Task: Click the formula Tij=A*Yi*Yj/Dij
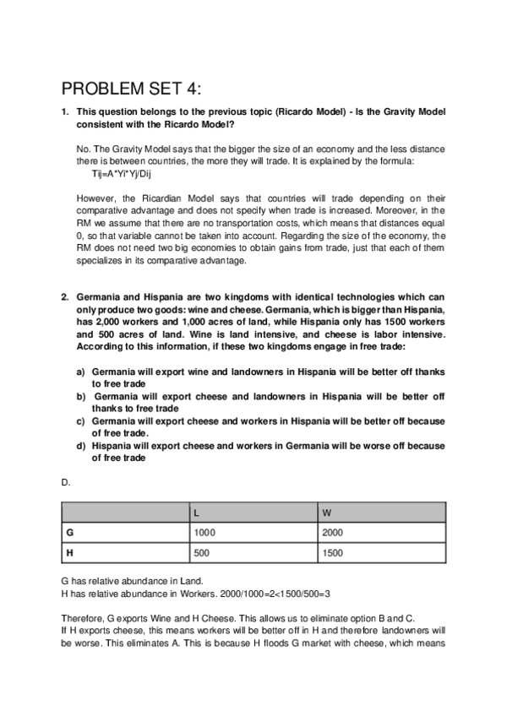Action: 122,173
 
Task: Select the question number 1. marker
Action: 65,111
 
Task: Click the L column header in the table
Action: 197,513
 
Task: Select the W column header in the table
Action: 327,513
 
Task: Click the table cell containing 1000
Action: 205,533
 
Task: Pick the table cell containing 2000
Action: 334,533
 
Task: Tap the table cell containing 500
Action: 203,553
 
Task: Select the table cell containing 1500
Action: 334,553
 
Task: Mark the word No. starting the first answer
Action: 83,149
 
